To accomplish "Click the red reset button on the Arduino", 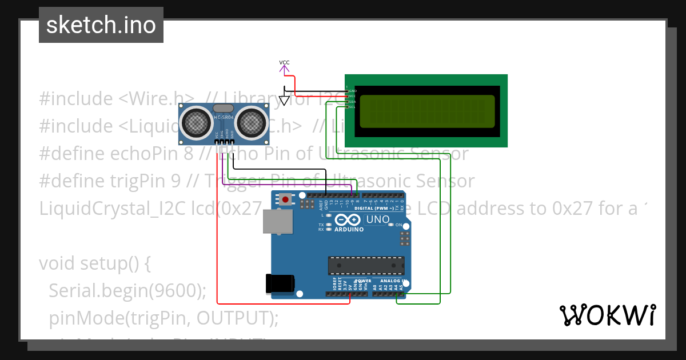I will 285,199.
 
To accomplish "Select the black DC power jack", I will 280,284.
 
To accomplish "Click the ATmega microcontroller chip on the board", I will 366,266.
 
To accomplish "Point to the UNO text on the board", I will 377,219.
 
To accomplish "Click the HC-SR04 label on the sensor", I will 224,118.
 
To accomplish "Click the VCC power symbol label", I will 284,62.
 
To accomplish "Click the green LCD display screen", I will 427,111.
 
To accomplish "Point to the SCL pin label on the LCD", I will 352,107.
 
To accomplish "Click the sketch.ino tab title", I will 101,25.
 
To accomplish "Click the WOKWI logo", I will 607,315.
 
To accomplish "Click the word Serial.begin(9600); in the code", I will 127,291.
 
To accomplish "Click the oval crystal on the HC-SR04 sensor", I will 223,108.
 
